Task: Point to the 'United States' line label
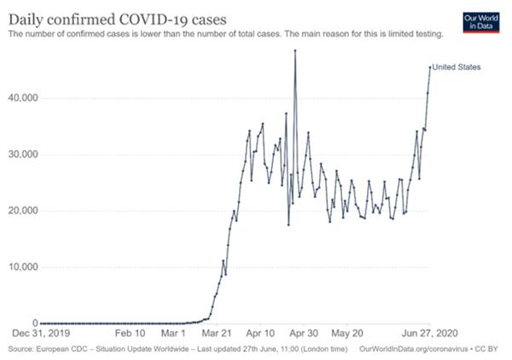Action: click(x=457, y=67)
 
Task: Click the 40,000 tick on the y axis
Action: click(x=18, y=98)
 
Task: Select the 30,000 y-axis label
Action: click(x=18, y=154)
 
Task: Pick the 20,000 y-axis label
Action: click(x=18, y=211)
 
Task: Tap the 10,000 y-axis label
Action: click(x=18, y=267)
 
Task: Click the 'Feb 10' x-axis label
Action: click(x=131, y=336)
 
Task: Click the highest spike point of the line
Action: click(x=295, y=50)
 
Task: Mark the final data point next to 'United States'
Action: click(x=430, y=67)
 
